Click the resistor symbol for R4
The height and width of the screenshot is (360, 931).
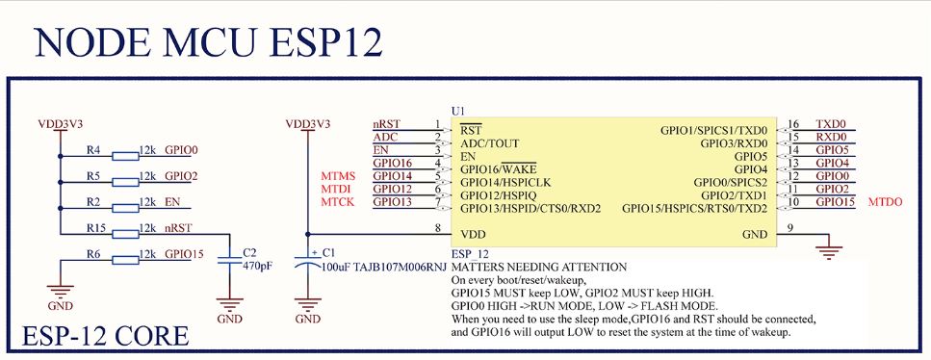click(125, 156)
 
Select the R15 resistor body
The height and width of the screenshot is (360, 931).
click(125, 234)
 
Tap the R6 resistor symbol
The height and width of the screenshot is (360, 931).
click(125, 260)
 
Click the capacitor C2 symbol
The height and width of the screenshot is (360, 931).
click(230, 260)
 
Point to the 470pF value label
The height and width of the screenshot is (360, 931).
click(258, 266)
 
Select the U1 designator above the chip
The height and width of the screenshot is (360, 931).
click(458, 111)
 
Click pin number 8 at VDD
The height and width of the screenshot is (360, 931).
click(438, 227)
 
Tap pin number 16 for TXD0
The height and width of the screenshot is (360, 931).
click(793, 124)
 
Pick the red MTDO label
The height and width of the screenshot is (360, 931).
click(886, 202)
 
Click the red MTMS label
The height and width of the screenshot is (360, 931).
click(338, 176)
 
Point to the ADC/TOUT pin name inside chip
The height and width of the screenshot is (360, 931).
click(490, 143)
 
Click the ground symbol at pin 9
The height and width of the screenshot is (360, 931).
click(829, 250)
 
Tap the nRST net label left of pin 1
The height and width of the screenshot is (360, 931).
click(386, 124)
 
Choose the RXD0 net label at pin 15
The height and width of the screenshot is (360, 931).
click(831, 137)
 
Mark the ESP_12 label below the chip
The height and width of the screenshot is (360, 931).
click(470, 254)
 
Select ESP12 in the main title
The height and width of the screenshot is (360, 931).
click(325, 41)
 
